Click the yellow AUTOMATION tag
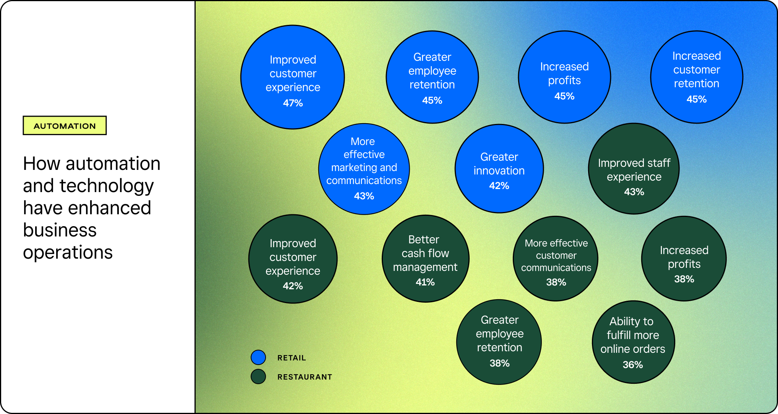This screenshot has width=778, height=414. (x=65, y=126)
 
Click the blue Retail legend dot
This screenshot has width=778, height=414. (x=258, y=357)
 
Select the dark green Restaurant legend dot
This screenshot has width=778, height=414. (x=258, y=377)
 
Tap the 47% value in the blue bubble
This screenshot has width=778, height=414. (x=293, y=103)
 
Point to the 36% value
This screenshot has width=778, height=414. (x=633, y=365)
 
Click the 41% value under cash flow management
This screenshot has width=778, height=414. (x=425, y=282)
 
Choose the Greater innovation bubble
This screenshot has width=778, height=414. (x=499, y=168)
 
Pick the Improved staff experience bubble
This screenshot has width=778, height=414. (x=634, y=169)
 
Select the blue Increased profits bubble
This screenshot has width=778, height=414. (x=564, y=77)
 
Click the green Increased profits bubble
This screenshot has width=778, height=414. (x=684, y=259)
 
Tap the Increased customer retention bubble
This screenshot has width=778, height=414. (x=697, y=77)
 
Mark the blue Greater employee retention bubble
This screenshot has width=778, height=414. (x=432, y=77)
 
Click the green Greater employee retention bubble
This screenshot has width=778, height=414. (x=499, y=342)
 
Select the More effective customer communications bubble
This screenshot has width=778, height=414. (x=556, y=259)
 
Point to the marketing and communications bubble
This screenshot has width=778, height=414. (x=364, y=169)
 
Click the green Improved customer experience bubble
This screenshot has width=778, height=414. (x=293, y=259)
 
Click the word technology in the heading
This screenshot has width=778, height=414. (x=107, y=186)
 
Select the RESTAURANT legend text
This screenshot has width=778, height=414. (x=305, y=377)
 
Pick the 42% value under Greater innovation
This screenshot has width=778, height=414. (x=499, y=186)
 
